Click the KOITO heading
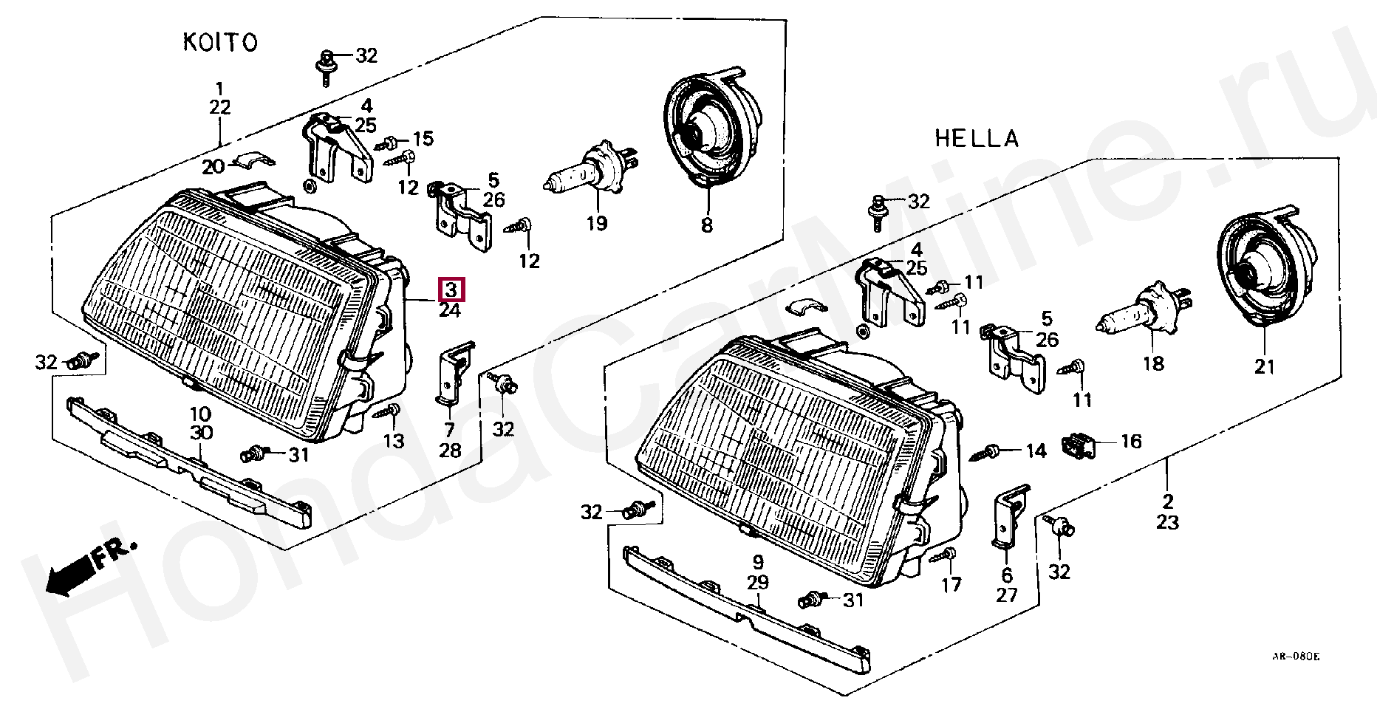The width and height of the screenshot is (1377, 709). click(x=220, y=42)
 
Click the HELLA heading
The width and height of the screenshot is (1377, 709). click(x=977, y=138)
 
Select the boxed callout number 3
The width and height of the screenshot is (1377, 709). click(x=451, y=289)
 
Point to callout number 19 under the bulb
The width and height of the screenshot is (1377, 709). click(x=596, y=223)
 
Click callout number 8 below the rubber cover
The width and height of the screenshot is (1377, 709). click(x=707, y=225)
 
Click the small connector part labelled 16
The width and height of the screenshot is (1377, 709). click(x=1078, y=445)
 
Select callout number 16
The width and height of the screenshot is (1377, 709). click(x=1131, y=442)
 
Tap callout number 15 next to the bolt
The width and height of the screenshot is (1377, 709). click(x=423, y=139)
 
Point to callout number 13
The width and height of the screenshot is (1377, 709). click(x=394, y=441)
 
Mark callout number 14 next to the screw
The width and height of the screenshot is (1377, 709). click(x=1036, y=451)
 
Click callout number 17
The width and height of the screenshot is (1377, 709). click(x=951, y=584)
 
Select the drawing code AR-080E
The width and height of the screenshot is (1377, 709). click(x=1295, y=657)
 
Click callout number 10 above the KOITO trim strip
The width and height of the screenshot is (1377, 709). click(x=200, y=414)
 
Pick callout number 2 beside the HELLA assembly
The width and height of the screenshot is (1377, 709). click(x=1167, y=501)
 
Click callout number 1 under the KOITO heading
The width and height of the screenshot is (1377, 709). click(x=219, y=89)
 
